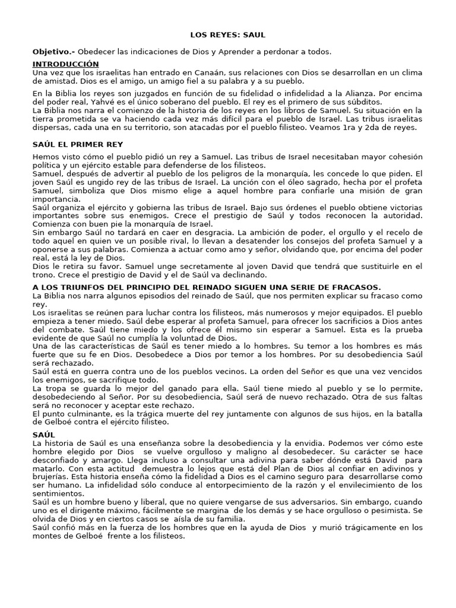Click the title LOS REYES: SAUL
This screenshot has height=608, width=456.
click(227, 36)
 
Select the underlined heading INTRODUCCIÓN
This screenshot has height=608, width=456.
click(65, 64)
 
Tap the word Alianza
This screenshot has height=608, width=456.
click(376, 94)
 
